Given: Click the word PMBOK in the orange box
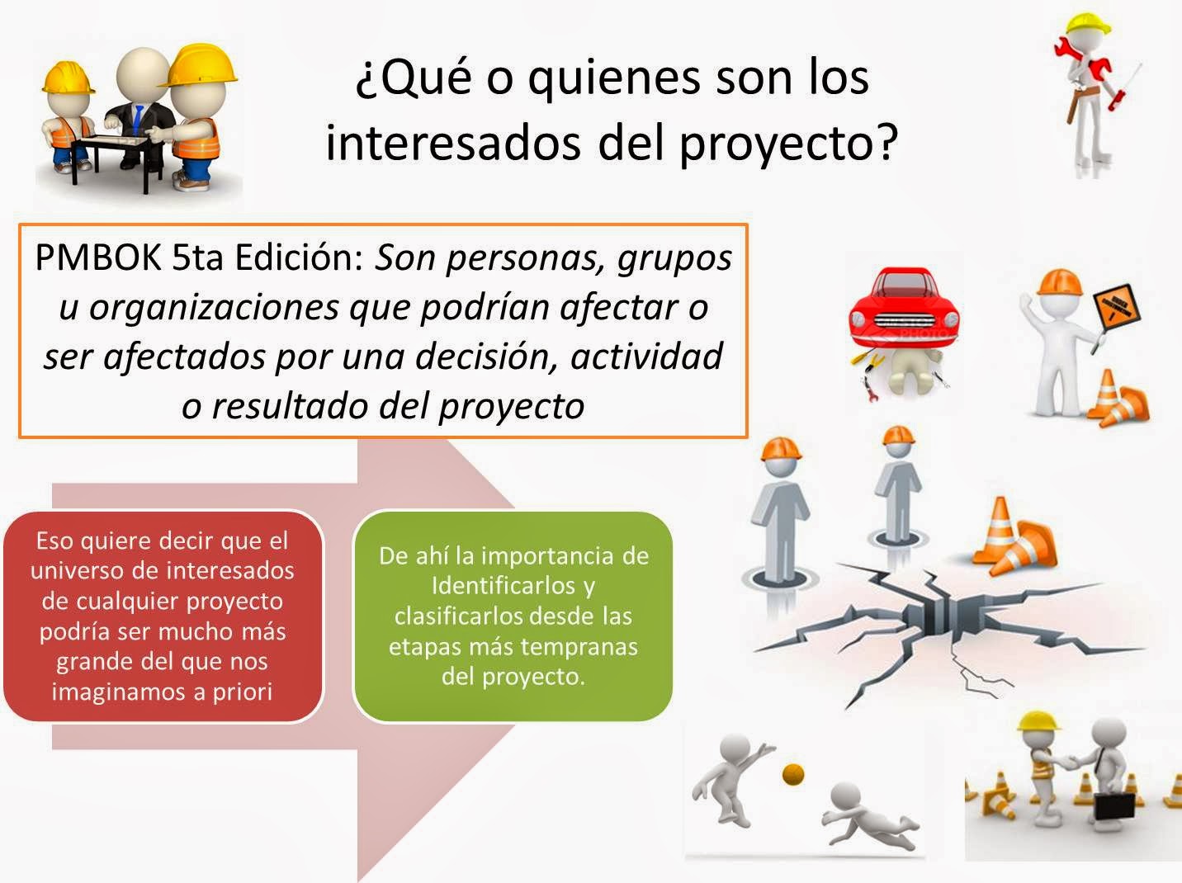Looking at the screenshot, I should point(97,258).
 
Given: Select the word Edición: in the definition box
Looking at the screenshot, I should point(299,258).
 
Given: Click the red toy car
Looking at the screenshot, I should point(905,309).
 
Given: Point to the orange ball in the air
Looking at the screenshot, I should point(793,773).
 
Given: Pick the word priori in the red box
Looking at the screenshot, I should point(243,692).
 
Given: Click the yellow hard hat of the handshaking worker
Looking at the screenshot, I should point(1038,723).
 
